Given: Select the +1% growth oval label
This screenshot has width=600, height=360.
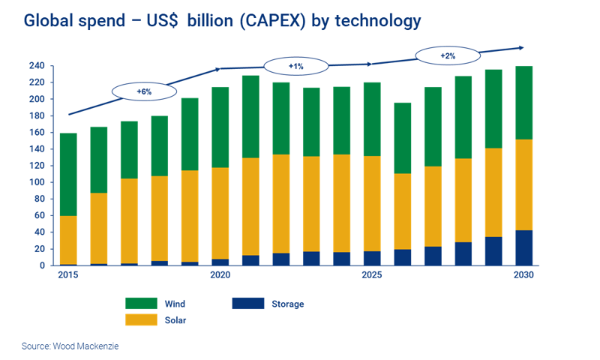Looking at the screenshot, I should tap(295, 67).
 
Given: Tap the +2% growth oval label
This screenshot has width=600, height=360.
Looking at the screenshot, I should tap(447, 55).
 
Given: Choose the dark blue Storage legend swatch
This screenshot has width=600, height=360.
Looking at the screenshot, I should tap(247, 304).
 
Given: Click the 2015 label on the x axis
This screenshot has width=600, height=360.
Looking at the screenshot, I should tap(67, 275).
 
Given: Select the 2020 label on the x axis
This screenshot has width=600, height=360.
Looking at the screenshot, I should tap(220, 275).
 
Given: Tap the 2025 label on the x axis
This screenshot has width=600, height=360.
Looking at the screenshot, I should tap(372, 275).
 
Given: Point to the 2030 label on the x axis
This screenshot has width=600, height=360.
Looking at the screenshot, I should tap(523, 275).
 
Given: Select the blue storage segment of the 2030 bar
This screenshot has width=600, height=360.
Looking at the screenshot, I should tap(523, 247).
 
